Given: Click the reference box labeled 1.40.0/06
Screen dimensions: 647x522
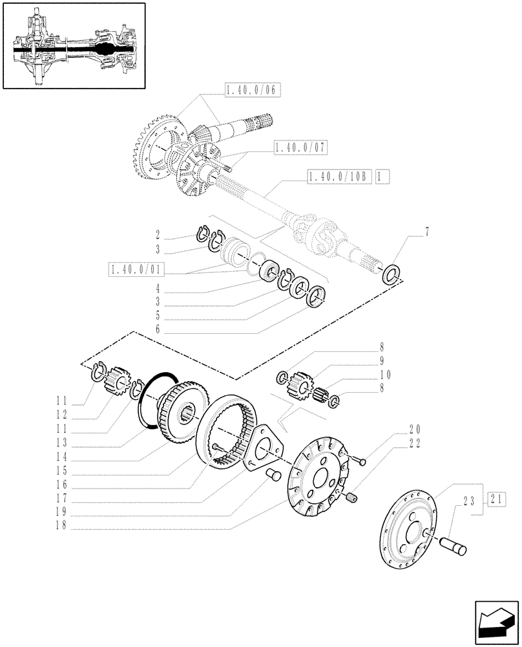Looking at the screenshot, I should click(x=251, y=91).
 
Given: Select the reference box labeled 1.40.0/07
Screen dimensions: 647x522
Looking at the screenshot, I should click(x=300, y=149).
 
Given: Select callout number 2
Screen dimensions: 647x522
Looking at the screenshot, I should click(x=157, y=234).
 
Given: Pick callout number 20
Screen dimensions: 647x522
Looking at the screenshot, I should click(x=414, y=428).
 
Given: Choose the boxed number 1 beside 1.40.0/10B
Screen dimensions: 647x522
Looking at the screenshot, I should click(x=381, y=175).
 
